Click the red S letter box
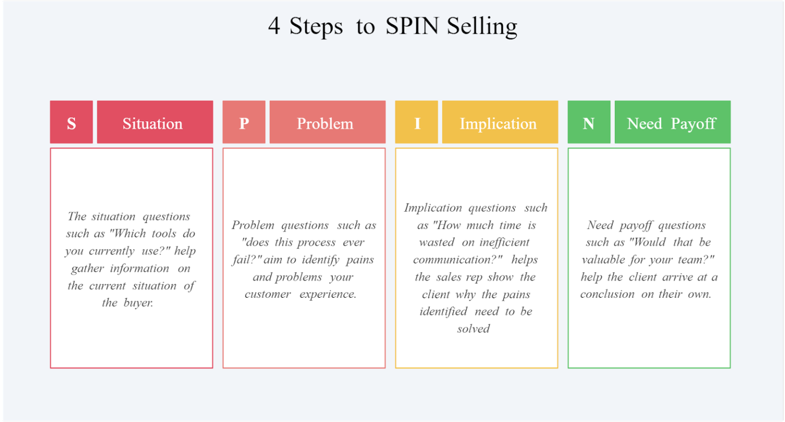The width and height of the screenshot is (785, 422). point(72,122)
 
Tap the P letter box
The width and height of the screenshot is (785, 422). point(244,122)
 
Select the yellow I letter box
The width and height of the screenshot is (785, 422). point(417,122)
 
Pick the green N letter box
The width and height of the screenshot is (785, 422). point(589,122)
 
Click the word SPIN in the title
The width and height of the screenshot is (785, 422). point(412,26)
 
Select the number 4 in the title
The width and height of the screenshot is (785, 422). point(274,26)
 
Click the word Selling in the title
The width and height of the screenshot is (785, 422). point(482,27)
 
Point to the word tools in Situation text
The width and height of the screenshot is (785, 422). point(164,234)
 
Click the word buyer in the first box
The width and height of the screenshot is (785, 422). point(138,303)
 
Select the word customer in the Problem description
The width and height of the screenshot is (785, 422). point(268,294)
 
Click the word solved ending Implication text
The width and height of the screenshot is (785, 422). point(473,329)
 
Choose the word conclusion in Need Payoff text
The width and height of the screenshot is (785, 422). point(607,294)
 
